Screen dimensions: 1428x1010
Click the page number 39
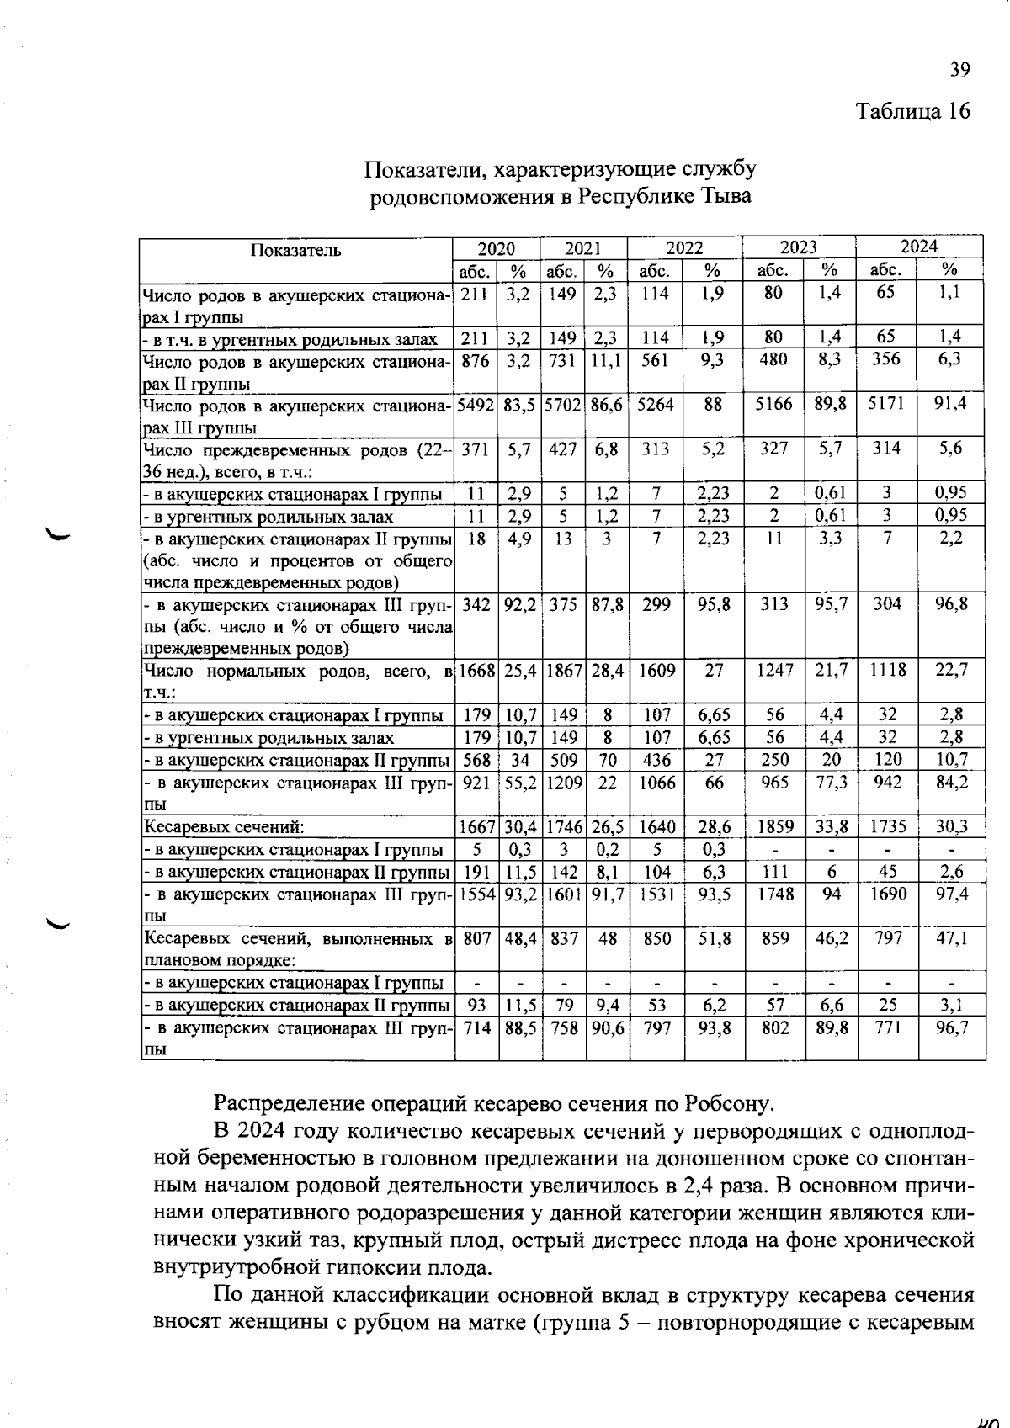pos(960,70)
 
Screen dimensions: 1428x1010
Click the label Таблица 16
pos(913,111)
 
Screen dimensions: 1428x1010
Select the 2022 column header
pos(684,248)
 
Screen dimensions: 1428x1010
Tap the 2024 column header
pos(919,247)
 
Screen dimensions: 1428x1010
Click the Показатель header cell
pos(295,250)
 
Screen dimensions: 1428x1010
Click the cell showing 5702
pos(563,404)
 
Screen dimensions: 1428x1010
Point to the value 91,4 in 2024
pos(950,403)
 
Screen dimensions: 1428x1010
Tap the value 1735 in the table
pos(887,827)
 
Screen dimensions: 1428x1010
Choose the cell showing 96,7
pos(951,1028)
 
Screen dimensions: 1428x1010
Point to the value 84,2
pos(951,783)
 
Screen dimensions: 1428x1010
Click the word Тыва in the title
pos(726,197)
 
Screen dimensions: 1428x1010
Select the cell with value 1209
pos(563,783)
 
